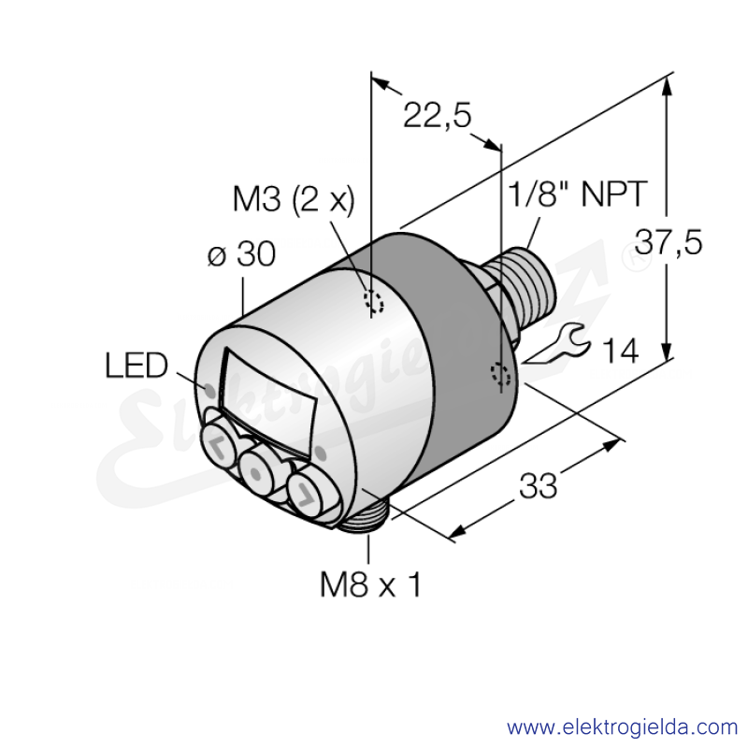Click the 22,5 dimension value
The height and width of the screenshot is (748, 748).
point(437,115)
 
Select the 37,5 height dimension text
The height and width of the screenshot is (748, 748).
point(669,242)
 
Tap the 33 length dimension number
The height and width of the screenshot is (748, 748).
point(538,485)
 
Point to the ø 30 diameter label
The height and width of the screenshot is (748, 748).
point(242,253)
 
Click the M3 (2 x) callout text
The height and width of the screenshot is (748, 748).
point(294,199)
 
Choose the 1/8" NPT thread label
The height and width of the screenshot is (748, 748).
point(578,194)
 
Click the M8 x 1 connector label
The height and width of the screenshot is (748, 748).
point(370,585)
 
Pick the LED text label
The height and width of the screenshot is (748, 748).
point(137,366)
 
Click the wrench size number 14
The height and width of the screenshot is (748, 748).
point(621,352)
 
